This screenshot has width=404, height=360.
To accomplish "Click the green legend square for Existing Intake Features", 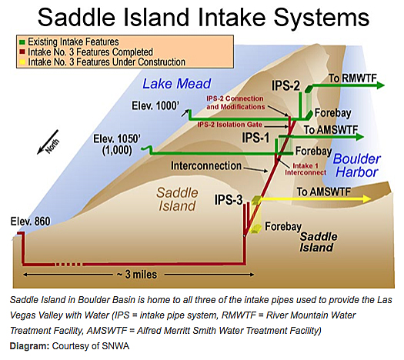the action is tap(22, 42).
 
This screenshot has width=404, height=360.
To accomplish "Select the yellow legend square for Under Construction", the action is tap(22, 62).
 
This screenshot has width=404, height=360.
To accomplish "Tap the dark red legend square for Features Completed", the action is tap(22, 52).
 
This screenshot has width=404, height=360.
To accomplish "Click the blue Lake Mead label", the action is tap(177, 84).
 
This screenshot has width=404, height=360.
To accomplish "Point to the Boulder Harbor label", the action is tap(357, 165).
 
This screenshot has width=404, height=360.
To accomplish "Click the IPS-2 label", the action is tap(286, 85).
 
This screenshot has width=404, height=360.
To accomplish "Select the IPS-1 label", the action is tap(255, 138).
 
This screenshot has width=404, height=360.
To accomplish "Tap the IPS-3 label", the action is tap(229, 199).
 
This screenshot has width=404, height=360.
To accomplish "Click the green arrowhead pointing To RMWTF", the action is tap(380, 85).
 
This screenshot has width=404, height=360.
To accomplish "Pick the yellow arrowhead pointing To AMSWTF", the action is tap(367, 198).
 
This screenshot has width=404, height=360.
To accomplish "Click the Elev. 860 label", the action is tap(31, 222).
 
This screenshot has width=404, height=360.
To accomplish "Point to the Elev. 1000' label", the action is tap(155, 105).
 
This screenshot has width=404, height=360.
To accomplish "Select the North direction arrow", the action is tap(48, 142).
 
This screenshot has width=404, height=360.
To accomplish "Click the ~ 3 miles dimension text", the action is tap(137, 275).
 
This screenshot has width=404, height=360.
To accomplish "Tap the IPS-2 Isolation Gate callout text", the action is tap(229, 125).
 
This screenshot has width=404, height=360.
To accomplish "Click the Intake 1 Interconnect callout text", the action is tap(306, 169).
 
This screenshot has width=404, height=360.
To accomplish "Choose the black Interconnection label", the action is tap(206, 166).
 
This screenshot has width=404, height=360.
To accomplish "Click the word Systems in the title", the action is tap(322, 18).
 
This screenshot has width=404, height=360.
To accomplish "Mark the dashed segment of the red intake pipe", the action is tap(68, 264).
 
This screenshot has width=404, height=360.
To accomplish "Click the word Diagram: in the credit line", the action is tap(29, 346).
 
